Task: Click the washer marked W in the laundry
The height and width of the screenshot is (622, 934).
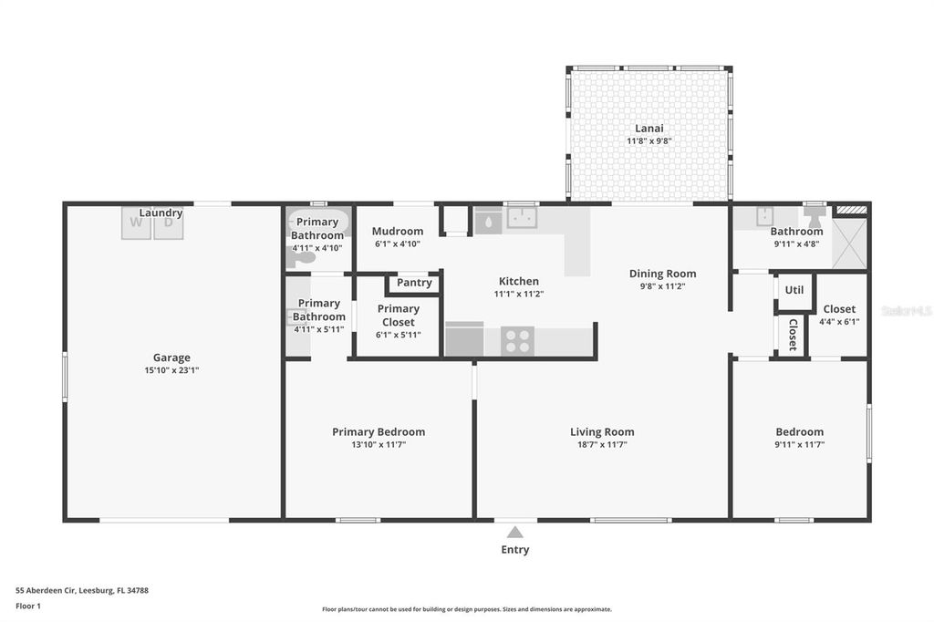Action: point(136,223)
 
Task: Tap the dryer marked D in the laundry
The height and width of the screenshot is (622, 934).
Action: point(168,223)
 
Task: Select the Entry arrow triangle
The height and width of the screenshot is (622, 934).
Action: point(515,532)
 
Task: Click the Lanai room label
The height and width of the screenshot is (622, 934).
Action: point(649,129)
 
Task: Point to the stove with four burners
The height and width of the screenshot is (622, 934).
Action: point(518,341)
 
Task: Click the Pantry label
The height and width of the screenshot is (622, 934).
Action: point(414,283)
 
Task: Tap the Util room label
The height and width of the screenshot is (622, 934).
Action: point(794,290)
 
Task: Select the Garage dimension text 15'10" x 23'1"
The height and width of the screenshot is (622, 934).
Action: point(171,370)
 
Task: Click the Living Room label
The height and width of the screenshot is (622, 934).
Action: point(602,432)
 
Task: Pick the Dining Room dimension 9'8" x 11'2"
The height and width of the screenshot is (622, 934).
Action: point(662,286)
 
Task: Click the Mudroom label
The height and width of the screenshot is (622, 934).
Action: point(398,232)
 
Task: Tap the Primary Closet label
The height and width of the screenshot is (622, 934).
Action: point(398,316)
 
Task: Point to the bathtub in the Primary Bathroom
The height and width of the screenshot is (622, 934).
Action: point(318,222)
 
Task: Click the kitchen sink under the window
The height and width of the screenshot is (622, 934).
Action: point(521,218)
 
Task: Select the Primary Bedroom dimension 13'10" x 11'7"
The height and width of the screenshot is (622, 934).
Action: point(378,445)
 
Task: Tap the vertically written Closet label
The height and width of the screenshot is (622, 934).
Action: point(793,336)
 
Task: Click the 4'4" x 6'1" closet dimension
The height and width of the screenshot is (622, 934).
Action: point(839,322)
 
